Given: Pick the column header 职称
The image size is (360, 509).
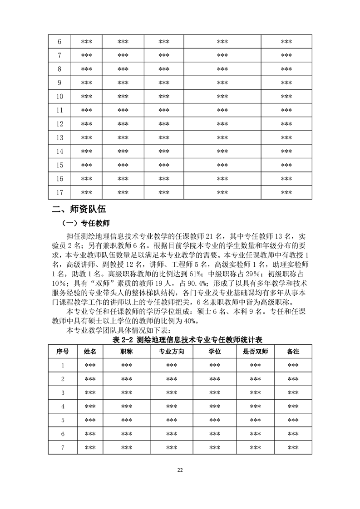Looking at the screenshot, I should pos(126,352).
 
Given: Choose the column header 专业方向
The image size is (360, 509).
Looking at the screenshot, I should pos(171,352).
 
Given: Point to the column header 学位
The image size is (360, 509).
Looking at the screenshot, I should pos(215,352).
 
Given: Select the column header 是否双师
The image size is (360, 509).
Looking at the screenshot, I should pos(255,352).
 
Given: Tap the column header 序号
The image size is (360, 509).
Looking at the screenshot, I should pos(63,352).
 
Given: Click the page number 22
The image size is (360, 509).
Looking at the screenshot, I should pos(180,470).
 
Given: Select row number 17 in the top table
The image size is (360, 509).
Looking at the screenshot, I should pos(59,192).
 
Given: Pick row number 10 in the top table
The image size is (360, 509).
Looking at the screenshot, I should pos(59,97).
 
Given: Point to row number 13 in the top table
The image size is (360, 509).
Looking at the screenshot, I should pos(59,138).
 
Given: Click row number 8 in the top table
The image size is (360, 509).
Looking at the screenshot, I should pos(59,69).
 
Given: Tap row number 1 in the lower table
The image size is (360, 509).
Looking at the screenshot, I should pos(63,365).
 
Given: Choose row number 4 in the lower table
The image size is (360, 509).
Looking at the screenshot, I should pos(63,406).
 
